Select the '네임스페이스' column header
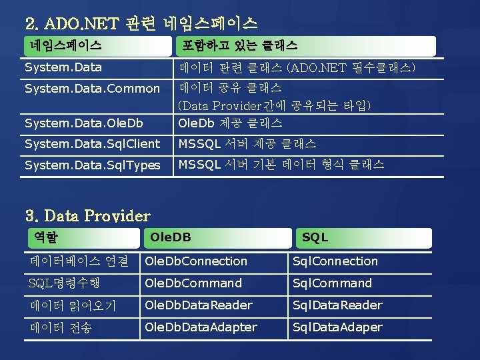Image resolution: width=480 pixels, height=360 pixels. click(x=65, y=45)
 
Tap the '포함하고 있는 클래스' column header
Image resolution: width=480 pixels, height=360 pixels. click(x=240, y=45)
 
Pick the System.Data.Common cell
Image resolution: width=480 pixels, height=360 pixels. click(x=92, y=89)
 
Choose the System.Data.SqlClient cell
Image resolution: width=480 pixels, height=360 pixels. click(x=92, y=144)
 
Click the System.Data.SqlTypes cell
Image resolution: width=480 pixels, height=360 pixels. click(x=92, y=165)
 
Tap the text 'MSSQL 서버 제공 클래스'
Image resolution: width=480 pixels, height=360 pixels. click(x=247, y=144)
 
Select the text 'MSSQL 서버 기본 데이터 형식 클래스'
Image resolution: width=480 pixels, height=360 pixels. click(x=281, y=165)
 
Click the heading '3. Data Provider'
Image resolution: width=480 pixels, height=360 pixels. click(x=87, y=216)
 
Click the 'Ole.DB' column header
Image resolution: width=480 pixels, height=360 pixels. click(x=171, y=237)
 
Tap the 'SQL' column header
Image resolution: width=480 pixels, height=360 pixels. click(x=315, y=237)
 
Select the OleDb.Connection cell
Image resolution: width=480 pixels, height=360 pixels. click(x=196, y=261)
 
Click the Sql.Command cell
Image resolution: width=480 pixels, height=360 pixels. click(x=333, y=283)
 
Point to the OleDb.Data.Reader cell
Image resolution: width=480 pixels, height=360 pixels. click(x=199, y=305)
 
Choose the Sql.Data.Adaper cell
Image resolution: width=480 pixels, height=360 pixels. click(x=338, y=327)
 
